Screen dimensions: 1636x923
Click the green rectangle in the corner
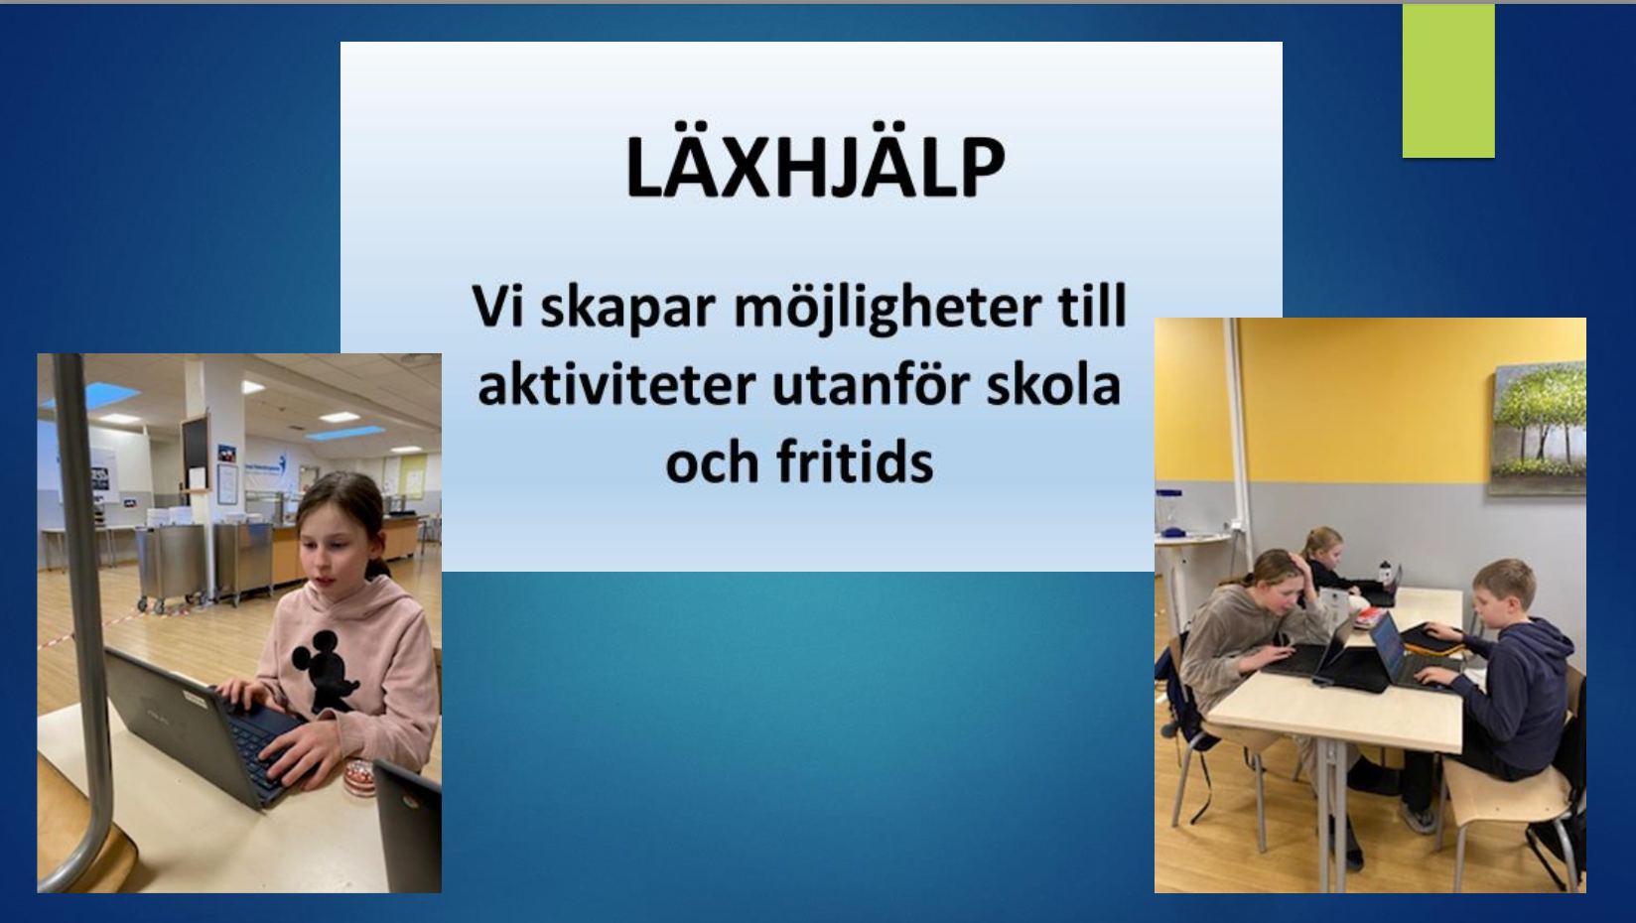point(1448,80)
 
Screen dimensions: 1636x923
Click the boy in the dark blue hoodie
point(1505,679)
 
